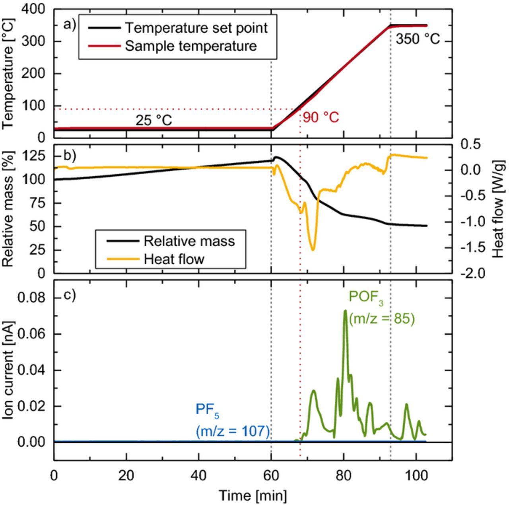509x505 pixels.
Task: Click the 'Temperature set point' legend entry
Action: (x=196, y=28)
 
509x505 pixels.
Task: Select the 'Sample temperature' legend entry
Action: (x=191, y=46)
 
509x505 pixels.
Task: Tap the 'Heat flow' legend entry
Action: (x=174, y=259)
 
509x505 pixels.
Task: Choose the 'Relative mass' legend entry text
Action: (x=189, y=241)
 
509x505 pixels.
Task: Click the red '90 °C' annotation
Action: (x=321, y=118)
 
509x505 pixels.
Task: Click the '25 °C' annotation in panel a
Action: (x=154, y=120)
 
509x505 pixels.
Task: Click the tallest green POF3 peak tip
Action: (x=345, y=310)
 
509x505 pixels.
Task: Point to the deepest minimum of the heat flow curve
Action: (x=313, y=250)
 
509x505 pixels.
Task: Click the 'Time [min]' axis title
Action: (x=253, y=496)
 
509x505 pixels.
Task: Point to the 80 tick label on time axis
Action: (x=344, y=476)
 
